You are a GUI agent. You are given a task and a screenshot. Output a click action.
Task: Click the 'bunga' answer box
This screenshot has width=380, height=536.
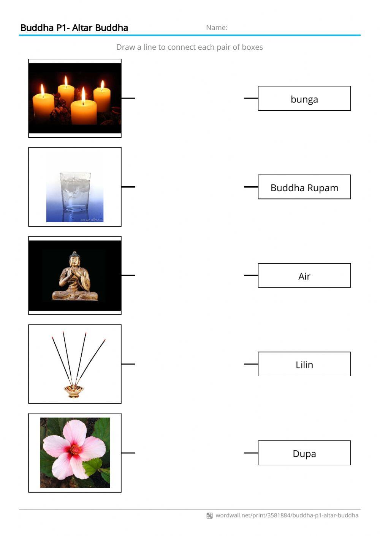304,99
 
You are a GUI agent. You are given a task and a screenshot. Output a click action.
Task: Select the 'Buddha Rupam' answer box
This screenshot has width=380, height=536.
304,187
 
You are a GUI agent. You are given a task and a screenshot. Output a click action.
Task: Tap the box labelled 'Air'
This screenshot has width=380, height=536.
304,275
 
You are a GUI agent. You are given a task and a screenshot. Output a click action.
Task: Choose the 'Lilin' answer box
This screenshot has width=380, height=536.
304,364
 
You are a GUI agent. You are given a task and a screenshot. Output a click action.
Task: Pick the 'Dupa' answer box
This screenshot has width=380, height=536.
304,453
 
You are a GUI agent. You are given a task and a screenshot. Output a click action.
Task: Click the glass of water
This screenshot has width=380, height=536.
75,192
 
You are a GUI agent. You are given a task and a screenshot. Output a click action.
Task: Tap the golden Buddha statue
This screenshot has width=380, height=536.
75,277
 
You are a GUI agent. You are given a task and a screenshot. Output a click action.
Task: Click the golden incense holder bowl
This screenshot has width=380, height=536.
74,391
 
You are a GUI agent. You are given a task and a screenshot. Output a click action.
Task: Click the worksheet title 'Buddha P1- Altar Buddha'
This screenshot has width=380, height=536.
74,28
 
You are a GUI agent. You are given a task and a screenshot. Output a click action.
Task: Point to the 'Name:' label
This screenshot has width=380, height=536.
217,27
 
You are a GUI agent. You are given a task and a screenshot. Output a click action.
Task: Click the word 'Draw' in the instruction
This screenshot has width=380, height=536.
125,47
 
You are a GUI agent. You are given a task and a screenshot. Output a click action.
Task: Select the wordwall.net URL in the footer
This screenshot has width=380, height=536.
287,515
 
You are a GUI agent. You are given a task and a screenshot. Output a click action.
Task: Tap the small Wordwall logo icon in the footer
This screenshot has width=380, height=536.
209,516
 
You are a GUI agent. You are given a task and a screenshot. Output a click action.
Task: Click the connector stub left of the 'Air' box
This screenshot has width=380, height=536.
251,275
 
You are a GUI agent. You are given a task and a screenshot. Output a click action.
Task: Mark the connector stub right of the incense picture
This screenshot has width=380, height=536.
128,364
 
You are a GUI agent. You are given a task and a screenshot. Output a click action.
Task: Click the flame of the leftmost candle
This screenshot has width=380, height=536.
43,90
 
